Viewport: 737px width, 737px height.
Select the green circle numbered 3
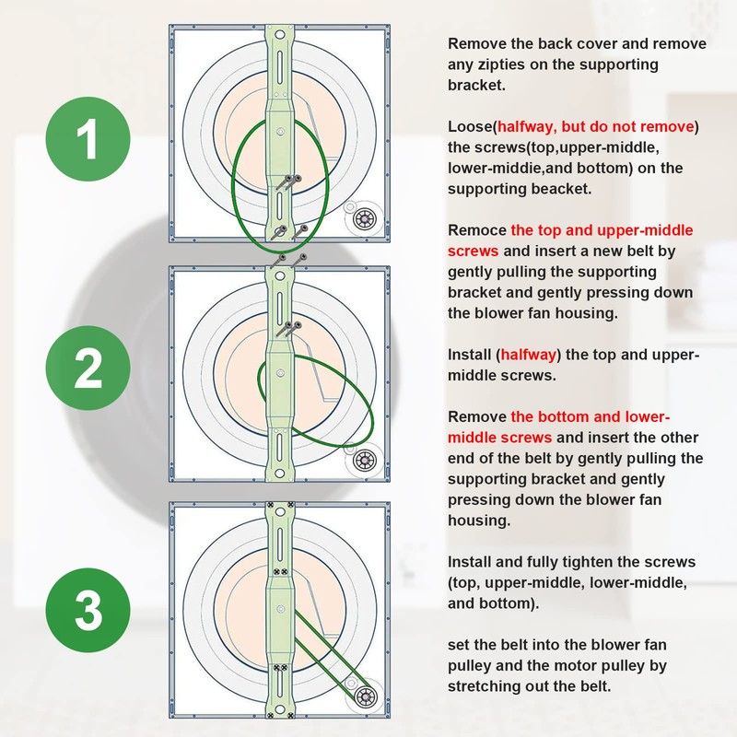88,607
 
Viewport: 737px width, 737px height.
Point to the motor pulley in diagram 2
365,458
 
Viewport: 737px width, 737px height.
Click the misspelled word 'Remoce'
476,229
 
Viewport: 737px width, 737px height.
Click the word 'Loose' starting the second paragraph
469,126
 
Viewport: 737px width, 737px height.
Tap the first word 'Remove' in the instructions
476,44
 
